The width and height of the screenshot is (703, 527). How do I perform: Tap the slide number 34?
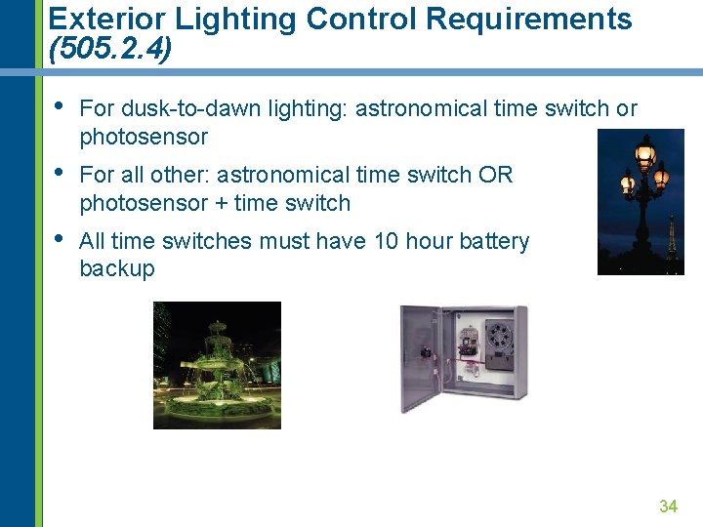pyautogui.click(x=668, y=506)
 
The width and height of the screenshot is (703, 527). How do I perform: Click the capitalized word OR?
pyautogui.click(x=495, y=175)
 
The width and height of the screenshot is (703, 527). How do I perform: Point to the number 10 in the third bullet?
pyautogui.click(x=387, y=241)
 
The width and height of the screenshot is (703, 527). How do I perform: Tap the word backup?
pyautogui.click(x=116, y=268)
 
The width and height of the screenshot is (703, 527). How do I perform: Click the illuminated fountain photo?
pyautogui.click(x=217, y=365)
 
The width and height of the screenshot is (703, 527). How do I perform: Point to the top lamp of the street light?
pyautogui.click(x=644, y=152)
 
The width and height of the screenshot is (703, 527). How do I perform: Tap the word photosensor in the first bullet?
pyautogui.click(x=144, y=137)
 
